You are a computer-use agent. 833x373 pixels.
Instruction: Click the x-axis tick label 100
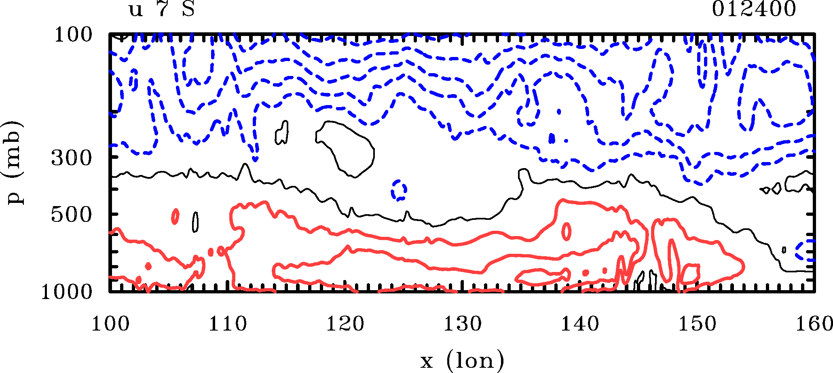pyautogui.click(x=110, y=324)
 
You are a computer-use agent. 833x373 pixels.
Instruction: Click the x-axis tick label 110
pyautogui.click(x=228, y=324)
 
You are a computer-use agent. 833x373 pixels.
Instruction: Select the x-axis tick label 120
pyautogui.click(x=345, y=324)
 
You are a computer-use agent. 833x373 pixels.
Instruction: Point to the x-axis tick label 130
pyautogui.click(x=463, y=324)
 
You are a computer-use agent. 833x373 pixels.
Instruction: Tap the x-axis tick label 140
pyautogui.click(x=579, y=324)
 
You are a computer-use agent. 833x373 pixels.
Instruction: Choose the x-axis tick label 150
pyautogui.click(x=697, y=324)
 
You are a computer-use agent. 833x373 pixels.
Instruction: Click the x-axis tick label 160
pyautogui.click(x=814, y=324)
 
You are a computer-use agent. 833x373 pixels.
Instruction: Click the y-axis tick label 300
pyautogui.click(x=72, y=158)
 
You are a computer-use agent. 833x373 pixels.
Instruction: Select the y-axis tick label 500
pyautogui.click(x=72, y=215)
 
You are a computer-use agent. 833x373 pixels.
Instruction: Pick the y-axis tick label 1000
pyautogui.click(x=67, y=292)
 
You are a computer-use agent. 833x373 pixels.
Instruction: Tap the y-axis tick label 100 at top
pyautogui.click(x=73, y=35)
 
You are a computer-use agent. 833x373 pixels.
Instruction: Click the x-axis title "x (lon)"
pyautogui.click(x=462, y=360)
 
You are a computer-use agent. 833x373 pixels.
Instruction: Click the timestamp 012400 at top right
pyautogui.click(x=754, y=9)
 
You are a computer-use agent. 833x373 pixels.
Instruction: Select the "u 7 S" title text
pyautogui.click(x=162, y=9)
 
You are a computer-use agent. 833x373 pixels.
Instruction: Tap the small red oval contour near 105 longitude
pyautogui.click(x=175, y=216)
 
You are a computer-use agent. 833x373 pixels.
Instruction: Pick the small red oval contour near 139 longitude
pyautogui.click(x=567, y=231)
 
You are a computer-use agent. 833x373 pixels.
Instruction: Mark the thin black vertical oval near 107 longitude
pyautogui.click(x=196, y=222)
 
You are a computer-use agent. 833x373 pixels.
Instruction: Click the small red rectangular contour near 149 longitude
pyautogui.click(x=690, y=274)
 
